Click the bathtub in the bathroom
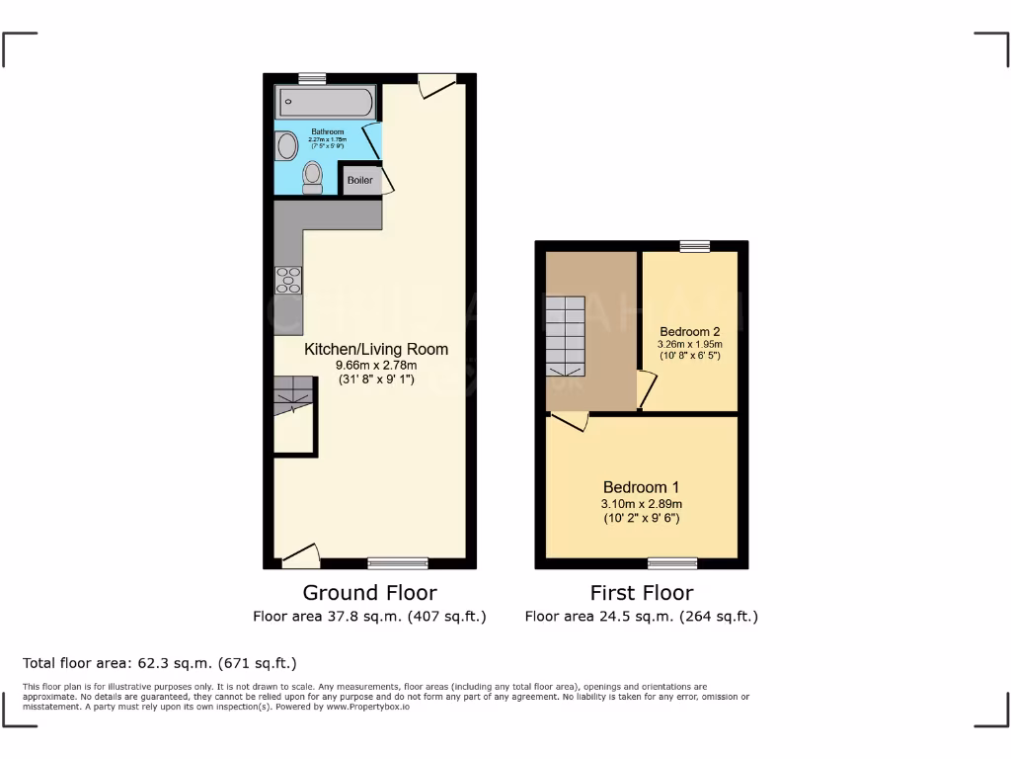(325, 102)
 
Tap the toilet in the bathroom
(312, 176)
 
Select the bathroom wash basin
(286, 146)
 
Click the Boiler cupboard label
(359, 180)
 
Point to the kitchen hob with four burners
(288, 281)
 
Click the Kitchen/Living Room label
(375, 349)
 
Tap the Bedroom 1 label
(641, 487)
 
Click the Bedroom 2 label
(689, 331)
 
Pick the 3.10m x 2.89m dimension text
(641, 504)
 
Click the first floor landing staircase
(567, 336)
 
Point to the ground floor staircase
(293, 395)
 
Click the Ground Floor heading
(369, 593)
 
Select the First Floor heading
(642, 593)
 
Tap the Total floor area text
(160, 663)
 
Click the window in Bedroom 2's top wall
(695, 246)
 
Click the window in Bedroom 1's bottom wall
(672, 563)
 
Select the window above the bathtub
(313, 78)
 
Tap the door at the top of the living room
(436, 86)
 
